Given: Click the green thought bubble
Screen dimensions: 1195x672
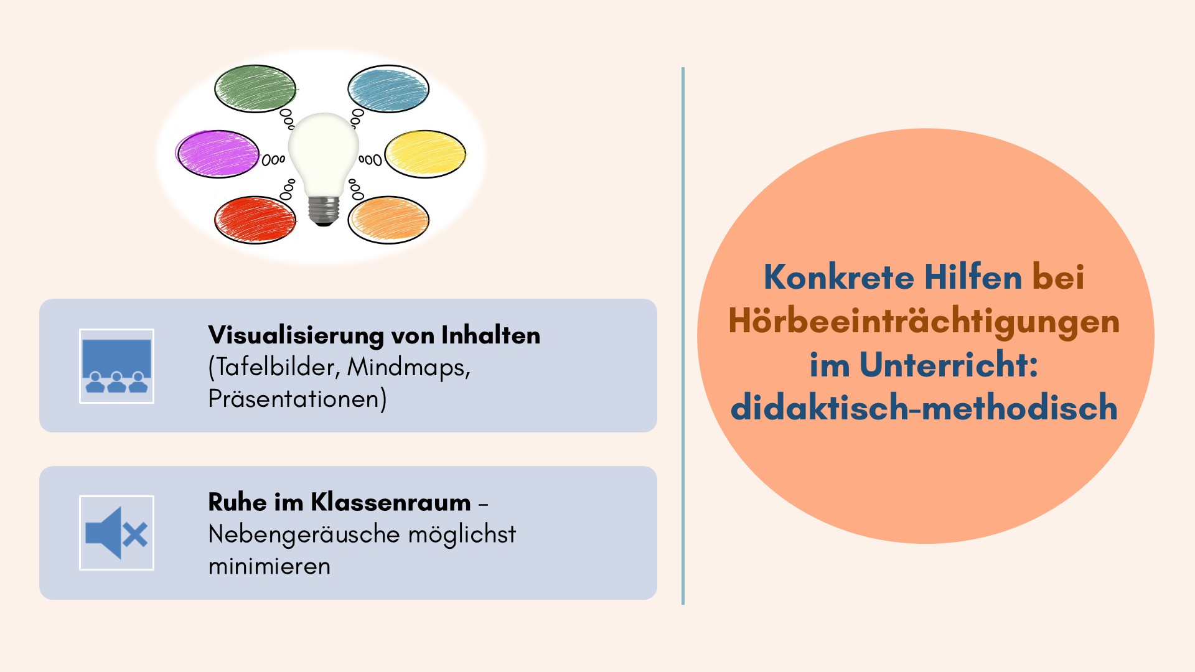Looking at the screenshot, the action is tap(255, 88).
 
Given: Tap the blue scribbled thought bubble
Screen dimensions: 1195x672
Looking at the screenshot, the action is tap(388, 88).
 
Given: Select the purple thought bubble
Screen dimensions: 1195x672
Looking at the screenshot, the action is tap(217, 154).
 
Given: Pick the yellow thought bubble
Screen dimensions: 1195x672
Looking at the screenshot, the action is tap(426, 154).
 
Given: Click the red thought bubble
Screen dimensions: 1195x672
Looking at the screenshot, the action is tap(255, 220).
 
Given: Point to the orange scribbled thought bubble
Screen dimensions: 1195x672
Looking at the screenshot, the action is tap(388, 220).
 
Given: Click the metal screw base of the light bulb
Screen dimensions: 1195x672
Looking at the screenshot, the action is tap(324, 211).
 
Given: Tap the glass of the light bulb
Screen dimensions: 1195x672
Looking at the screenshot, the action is tap(324, 152).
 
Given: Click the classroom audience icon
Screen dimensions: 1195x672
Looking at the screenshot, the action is tap(116, 366).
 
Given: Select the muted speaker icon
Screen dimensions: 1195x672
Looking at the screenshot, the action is tap(116, 533).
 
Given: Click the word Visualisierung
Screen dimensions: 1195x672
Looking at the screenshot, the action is tap(296, 335).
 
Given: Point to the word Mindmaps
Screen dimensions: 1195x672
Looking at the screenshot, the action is tap(408, 367).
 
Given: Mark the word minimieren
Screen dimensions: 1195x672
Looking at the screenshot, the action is tap(269, 566).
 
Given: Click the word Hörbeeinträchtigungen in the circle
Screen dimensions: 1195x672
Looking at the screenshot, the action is tap(924, 322).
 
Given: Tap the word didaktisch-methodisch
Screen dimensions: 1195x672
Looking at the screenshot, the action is tap(924, 408).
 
